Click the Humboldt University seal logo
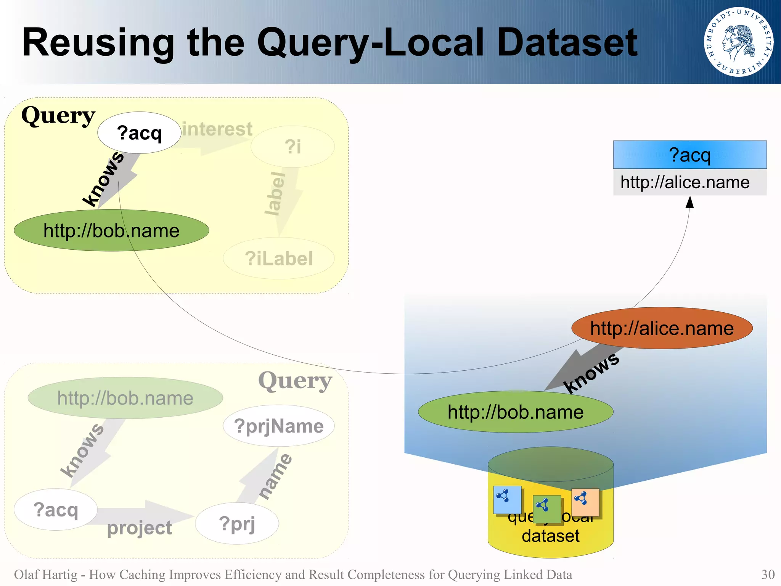tap(738, 42)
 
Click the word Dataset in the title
tap(567, 43)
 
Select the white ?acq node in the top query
tap(139, 133)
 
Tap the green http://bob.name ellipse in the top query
tap(111, 231)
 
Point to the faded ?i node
tap(292, 147)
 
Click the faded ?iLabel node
tap(278, 258)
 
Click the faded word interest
tap(217, 129)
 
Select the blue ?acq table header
tap(689, 155)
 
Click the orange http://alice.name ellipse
tap(662, 328)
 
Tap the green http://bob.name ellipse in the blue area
tap(516, 412)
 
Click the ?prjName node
tap(278, 426)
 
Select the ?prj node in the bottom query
tap(237, 523)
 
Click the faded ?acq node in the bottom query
tap(56, 510)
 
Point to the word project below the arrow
tap(139, 528)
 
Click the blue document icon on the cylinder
tap(507, 500)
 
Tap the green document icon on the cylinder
tap(546, 509)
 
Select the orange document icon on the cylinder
tap(585, 502)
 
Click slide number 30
tap(768, 574)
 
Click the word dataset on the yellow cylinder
tap(550, 536)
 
